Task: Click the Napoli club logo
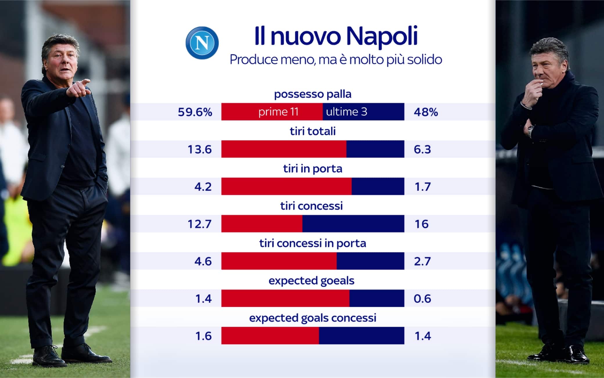pos(202,43)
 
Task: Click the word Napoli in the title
pos(382,36)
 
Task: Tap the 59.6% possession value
pos(195,112)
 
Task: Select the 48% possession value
pos(426,112)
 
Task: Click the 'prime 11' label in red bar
pos(278,112)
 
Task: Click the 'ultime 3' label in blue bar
pos(346,112)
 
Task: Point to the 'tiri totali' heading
pos(312,131)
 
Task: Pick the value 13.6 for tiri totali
pos(199,150)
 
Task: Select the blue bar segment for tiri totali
pos(375,149)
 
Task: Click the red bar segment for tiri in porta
pos(286,186)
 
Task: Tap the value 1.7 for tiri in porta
pos(423,187)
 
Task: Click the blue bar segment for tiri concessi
pos(353,224)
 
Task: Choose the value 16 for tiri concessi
pos(421,224)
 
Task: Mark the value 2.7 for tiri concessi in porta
pos(422,261)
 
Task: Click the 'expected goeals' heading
pos(311,281)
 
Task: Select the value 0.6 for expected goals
pos(422,299)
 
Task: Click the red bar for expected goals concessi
pos(270,336)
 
